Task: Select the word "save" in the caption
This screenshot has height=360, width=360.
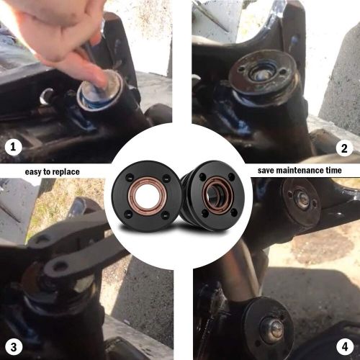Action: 268,171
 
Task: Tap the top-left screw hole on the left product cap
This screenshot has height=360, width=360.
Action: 130,176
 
